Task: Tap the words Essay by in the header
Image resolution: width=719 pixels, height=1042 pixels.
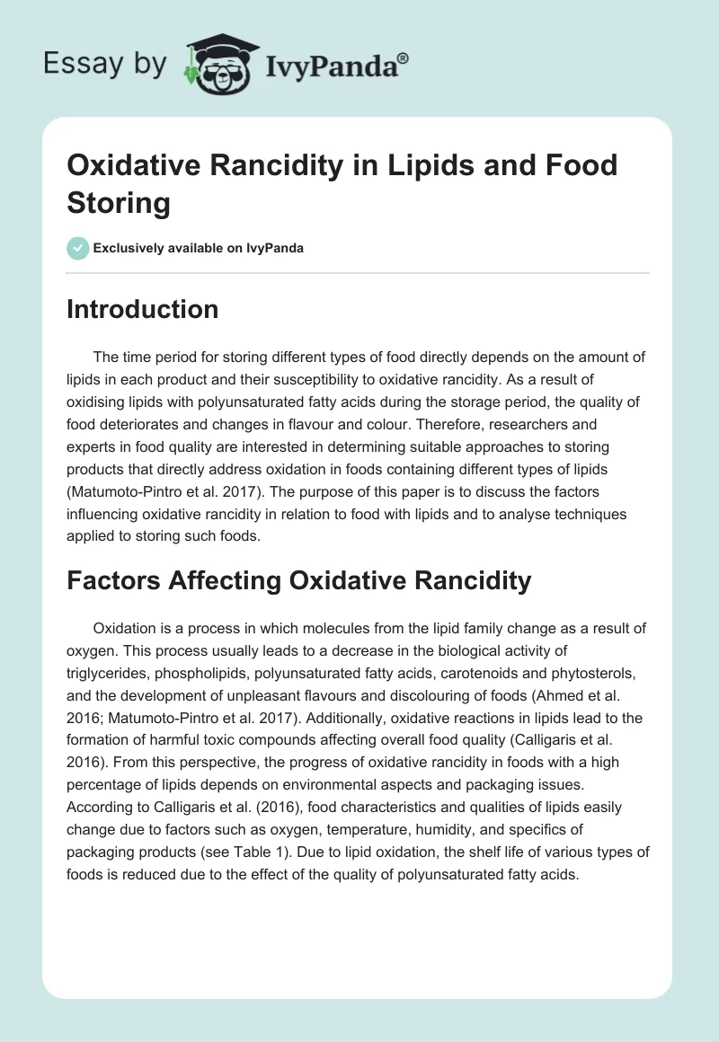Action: click(105, 64)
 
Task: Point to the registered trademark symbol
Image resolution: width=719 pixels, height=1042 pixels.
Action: click(404, 57)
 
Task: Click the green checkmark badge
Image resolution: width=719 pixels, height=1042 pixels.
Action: click(78, 248)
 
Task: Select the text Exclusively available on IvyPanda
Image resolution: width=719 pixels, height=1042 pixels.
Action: click(199, 249)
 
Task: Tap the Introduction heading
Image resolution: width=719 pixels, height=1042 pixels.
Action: click(142, 309)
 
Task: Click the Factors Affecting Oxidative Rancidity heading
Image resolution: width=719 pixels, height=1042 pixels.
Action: click(298, 580)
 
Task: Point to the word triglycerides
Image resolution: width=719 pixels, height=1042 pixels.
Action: click(113, 671)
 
